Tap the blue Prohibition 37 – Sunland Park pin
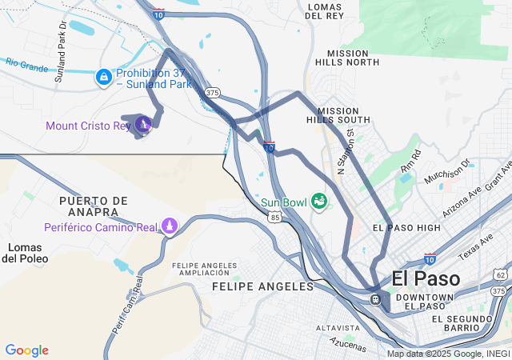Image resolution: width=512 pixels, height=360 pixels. pos(103,77)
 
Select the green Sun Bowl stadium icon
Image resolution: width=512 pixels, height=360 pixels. pos(319,201)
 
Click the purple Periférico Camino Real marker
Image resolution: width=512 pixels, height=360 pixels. pos(170,226)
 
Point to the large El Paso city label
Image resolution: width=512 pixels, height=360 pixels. pos(426,279)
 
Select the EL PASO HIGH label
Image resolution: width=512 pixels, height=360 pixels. pos(406,228)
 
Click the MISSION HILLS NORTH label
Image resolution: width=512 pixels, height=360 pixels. pos(347,58)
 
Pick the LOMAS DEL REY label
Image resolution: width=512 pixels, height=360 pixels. pos(325,11)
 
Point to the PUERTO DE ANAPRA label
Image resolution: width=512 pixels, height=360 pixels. pos(94,206)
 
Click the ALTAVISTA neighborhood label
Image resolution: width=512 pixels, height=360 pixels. pos(338,328)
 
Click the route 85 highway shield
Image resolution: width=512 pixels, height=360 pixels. pos(275,217)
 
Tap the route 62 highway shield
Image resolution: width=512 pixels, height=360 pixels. pos(501,275)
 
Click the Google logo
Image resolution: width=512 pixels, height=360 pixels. pos(26,350)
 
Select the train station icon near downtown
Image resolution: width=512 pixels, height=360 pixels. pos(374,298)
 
